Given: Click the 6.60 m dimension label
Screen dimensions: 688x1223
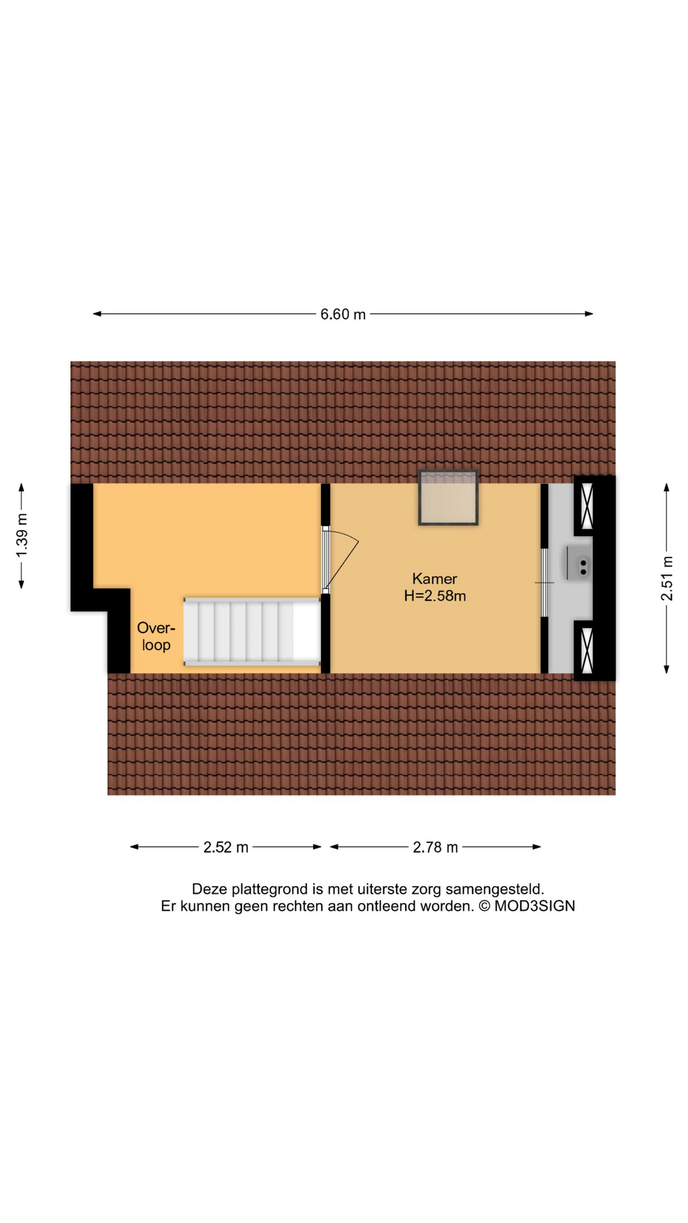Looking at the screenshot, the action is (x=343, y=314).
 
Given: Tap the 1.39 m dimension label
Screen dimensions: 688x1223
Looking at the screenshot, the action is (x=22, y=535).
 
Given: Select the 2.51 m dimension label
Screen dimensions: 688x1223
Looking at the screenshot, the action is (x=667, y=578).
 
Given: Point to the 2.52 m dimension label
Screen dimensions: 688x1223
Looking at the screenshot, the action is (x=226, y=847).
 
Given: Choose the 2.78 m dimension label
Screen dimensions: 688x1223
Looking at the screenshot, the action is (x=435, y=847).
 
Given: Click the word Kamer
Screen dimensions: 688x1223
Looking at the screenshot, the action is (x=434, y=579).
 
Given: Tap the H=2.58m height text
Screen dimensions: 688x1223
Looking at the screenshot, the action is (x=435, y=596).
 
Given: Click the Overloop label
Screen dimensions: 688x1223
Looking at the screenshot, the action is (x=156, y=636).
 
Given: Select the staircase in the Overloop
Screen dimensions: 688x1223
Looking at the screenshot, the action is (x=252, y=631).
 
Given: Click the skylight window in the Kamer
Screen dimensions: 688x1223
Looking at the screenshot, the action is (x=448, y=497).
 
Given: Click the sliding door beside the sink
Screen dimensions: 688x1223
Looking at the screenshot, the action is (x=544, y=582).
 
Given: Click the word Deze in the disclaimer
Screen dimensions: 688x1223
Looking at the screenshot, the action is (x=208, y=889).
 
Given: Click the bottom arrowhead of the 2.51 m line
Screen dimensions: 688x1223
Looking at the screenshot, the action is (x=667, y=669).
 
